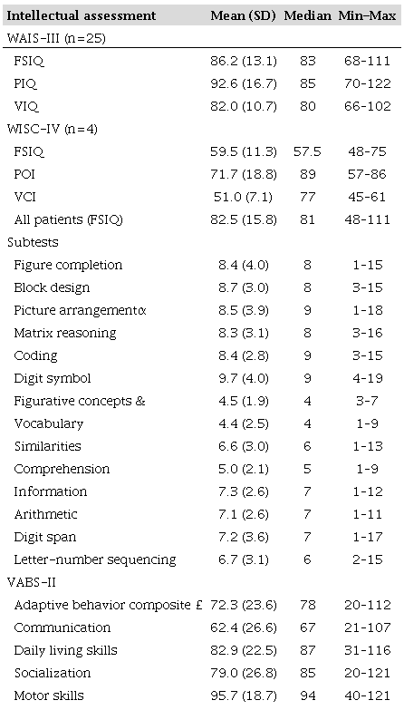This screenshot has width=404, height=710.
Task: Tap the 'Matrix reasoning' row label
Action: pyautogui.click(x=59, y=334)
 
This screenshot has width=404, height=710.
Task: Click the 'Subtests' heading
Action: pyautogui.click(x=31, y=243)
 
